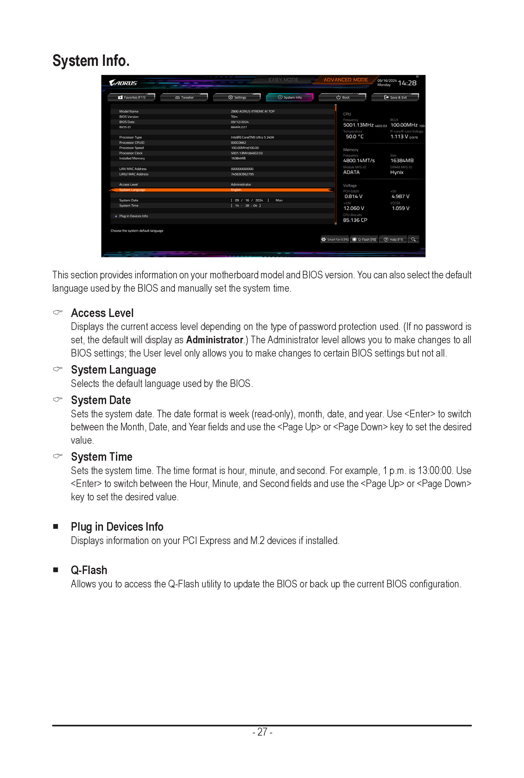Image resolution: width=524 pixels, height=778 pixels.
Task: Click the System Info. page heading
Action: [x=91, y=61]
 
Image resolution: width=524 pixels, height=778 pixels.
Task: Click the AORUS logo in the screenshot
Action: [x=123, y=83]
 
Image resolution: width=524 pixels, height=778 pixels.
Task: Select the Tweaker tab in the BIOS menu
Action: [x=184, y=98]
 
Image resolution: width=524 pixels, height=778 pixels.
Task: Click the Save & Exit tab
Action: [x=395, y=98]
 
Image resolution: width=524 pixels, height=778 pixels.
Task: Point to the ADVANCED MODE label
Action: [x=346, y=80]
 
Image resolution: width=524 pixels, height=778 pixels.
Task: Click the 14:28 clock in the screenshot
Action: [x=407, y=83]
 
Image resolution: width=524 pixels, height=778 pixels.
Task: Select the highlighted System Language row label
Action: [x=132, y=190]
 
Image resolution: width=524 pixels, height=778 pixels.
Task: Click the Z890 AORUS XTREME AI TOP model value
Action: [x=252, y=111]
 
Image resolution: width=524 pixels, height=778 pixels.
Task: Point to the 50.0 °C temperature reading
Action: [x=354, y=136]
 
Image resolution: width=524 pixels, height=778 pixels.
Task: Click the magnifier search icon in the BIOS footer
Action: [x=413, y=239]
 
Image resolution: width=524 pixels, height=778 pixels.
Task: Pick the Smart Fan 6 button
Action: [x=335, y=239]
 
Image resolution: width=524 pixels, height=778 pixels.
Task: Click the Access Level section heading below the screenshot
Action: [x=102, y=313]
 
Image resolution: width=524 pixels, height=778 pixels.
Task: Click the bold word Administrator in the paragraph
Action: [x=214, y=340]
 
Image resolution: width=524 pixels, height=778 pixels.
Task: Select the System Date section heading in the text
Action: [x=101, y=400]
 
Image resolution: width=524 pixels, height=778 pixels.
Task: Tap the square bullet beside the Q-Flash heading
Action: [x=56, y=570]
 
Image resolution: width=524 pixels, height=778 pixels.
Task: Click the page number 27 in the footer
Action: [x=262, y=732]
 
